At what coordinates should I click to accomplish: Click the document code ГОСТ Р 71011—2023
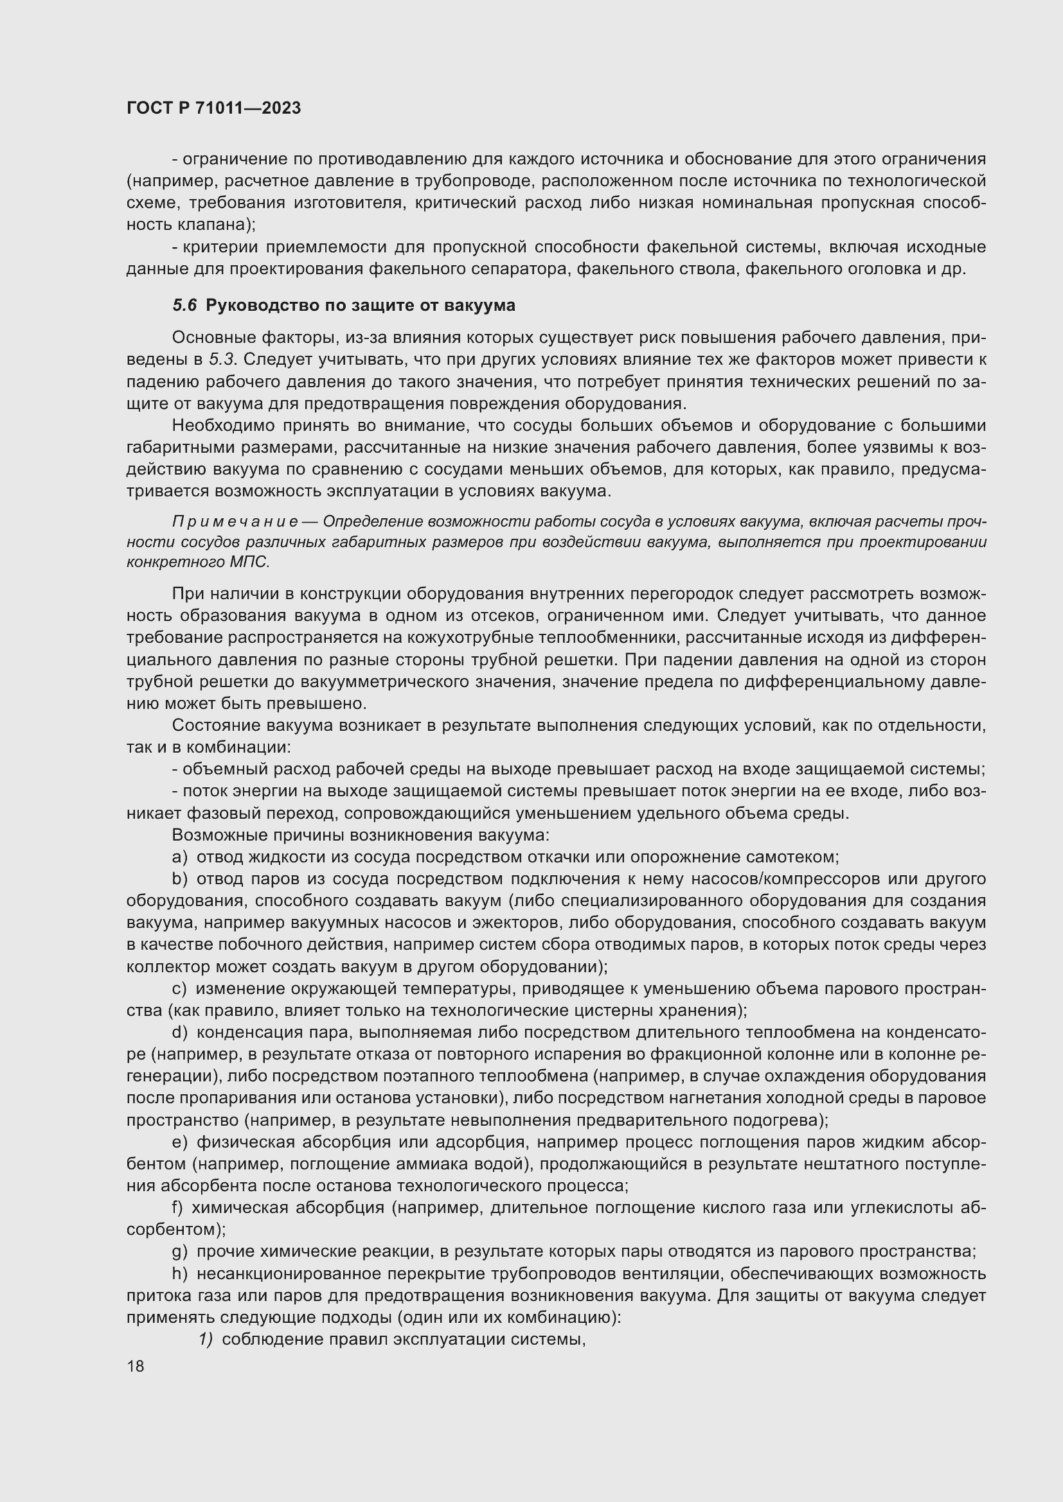tap(213, 108)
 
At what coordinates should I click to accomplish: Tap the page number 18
tap(136, 1366)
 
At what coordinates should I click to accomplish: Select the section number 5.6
tap(184, 306)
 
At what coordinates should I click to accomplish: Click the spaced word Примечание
tap(236, 521)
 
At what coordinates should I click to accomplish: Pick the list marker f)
tap(177, 1208)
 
